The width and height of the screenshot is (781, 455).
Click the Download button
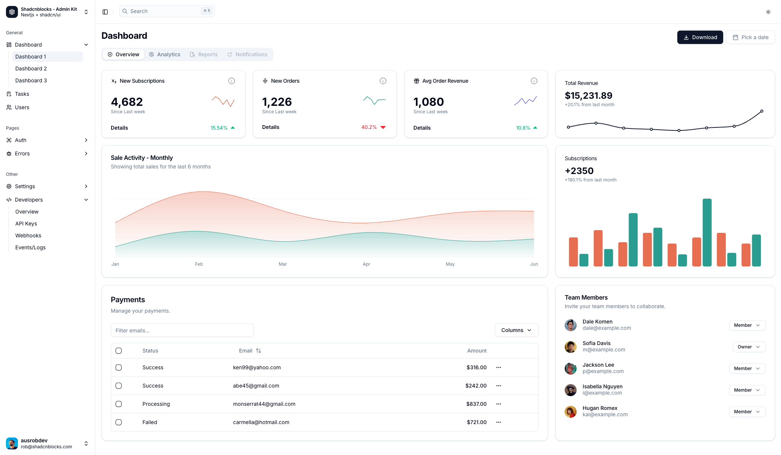700,37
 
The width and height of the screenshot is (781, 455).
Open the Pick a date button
750,37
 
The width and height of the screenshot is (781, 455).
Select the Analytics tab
164,54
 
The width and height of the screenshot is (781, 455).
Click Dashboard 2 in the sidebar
31,69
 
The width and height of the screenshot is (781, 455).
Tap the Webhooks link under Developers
28,236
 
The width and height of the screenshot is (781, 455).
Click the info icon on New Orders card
383,81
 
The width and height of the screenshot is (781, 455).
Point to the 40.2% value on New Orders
369,127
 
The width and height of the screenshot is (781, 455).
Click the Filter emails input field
182,330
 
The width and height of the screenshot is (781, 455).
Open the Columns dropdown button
516,330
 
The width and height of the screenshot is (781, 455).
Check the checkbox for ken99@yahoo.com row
119,367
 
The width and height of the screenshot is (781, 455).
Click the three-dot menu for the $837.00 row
498,404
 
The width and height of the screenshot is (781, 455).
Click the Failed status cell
150,422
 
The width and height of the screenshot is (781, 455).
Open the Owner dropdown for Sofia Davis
749,347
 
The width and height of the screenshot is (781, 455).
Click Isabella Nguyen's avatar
570,390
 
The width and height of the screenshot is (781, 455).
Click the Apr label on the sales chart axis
366,264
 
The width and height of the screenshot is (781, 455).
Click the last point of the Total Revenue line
762,111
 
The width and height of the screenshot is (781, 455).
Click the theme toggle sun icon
768,12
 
